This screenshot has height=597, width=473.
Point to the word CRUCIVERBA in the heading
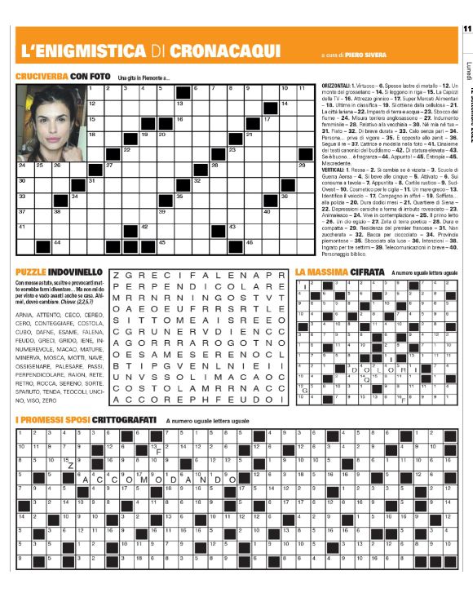[x=41, y=76]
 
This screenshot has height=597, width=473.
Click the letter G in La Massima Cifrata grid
[x=303, y=391]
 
